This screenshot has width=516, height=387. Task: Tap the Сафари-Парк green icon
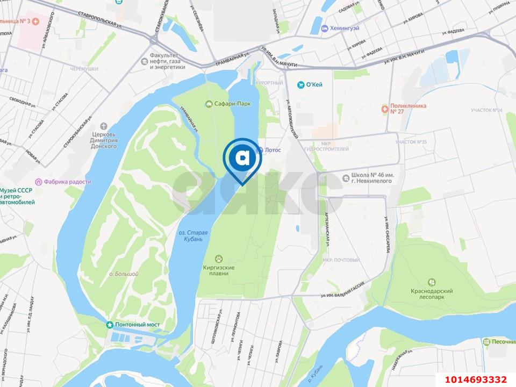pos(210,103)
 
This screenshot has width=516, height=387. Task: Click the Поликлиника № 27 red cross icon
pos(384,109)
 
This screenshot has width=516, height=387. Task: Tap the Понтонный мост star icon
pos(110,325)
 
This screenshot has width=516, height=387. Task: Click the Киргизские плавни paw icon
pos(219,259)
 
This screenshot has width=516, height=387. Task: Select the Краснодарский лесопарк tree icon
pos(432,282)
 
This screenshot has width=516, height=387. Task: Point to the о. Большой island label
pos(124,274)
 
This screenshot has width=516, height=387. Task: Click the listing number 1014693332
pos(475,378)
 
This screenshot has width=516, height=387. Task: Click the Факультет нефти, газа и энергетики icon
pos(144,61)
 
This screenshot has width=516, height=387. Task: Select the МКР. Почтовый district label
pos(341,260)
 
